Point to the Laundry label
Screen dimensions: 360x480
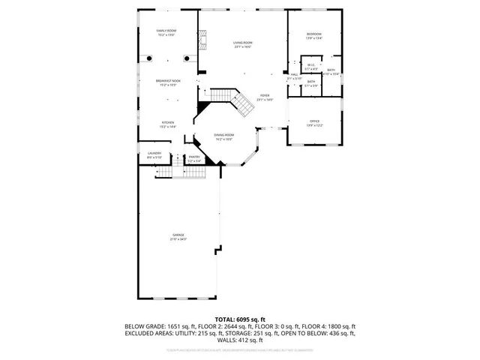click(154, 154)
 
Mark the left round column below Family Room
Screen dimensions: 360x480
click(150, 58)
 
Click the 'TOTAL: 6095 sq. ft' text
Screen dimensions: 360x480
click(239, 319)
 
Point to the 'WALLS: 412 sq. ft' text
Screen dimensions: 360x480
click(239, 340)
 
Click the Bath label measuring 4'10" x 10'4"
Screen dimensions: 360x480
click(331, 71)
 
